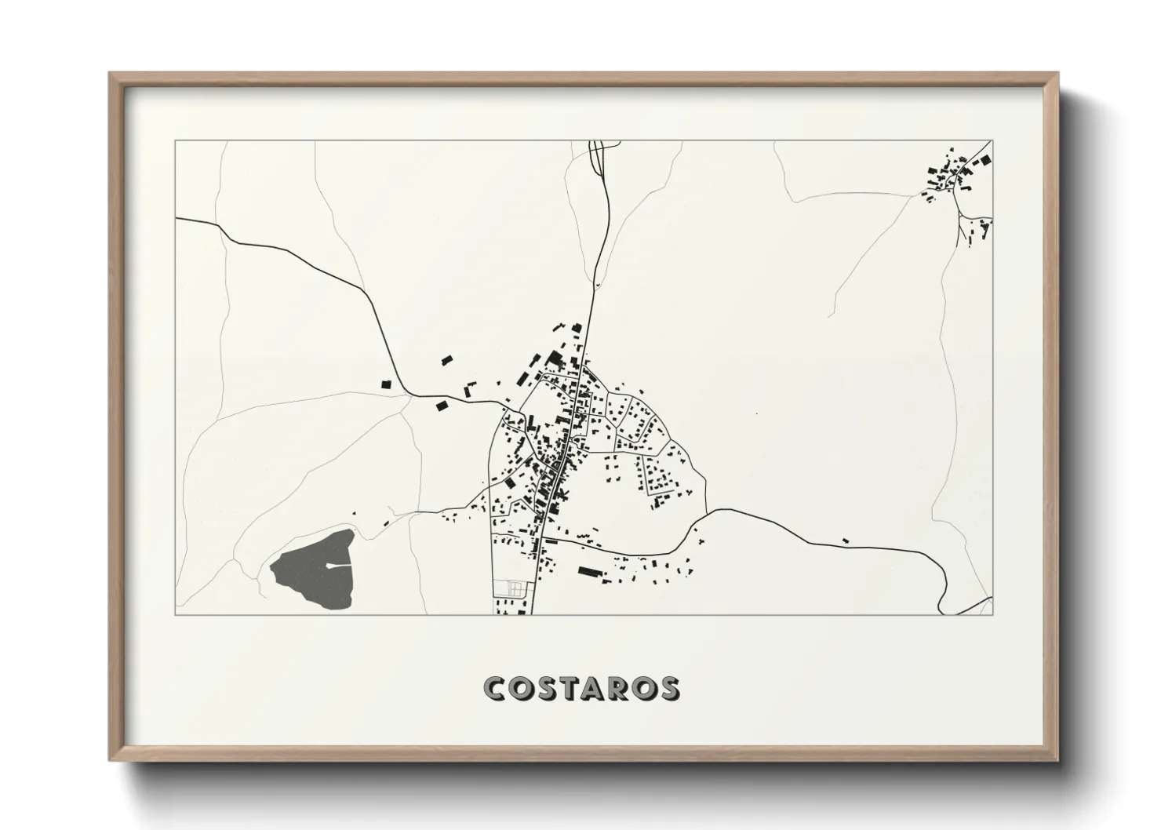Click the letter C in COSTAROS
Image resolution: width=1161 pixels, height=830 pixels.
click(497, 688)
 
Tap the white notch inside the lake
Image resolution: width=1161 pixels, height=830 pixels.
click(336, 565)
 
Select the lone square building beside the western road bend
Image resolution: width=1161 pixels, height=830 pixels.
click(385, 384)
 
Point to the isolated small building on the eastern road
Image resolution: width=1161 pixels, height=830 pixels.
click(845, 540)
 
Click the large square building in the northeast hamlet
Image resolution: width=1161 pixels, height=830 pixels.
click(984, 160)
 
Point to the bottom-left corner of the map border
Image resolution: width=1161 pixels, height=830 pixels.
click(176, 614)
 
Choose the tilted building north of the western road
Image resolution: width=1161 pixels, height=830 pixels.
click(447, 361)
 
